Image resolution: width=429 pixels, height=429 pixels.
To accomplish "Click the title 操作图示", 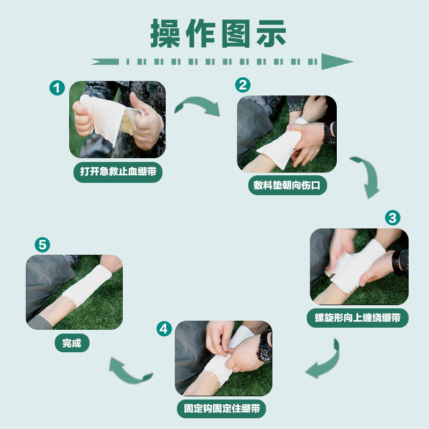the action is (x=218, y=33).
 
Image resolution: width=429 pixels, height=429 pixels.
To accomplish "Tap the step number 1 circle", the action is (x=57, y=88).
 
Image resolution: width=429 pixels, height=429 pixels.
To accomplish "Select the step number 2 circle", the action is (x=243, y=85).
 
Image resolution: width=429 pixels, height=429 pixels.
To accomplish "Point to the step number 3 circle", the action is (x=393, y=218).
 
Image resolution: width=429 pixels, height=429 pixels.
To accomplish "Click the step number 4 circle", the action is (x=164, y=329).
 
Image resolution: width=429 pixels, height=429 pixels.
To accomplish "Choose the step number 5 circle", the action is (x=42, y=245).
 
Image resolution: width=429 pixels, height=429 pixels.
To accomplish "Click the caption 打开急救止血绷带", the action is (x=118, y=172).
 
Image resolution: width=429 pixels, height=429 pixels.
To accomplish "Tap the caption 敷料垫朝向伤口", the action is (x=287, y=185).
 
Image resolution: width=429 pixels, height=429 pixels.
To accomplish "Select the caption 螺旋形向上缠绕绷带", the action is (x=358, y=318).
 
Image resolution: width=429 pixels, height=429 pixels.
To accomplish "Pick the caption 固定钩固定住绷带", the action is (x=221, y=409).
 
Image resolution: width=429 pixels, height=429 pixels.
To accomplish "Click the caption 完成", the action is (x=72, y=343).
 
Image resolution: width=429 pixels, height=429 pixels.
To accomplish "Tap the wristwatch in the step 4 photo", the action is (x=265, y=346).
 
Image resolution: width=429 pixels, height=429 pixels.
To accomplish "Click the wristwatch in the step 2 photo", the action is (x=329, y=133).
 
